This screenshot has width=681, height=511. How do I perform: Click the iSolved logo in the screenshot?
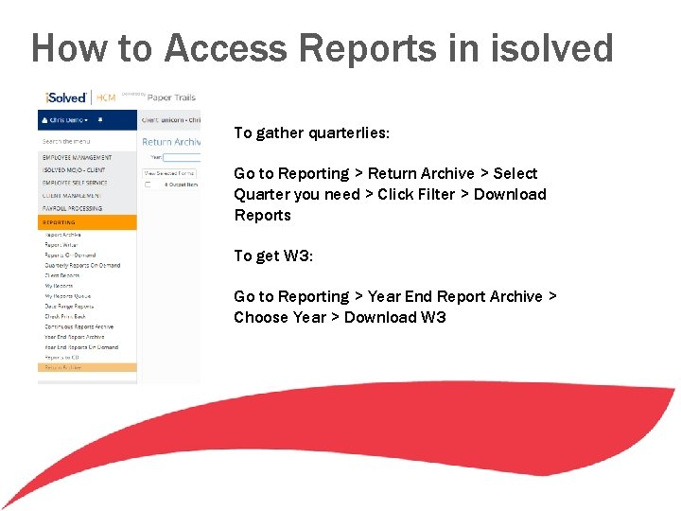[x=66, y=97]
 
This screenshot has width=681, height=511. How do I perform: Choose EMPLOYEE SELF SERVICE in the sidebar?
[x=76, y=183]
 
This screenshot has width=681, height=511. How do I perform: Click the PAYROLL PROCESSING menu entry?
[x=72, y=208]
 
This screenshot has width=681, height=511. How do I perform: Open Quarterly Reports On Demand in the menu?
[x=82, y=265]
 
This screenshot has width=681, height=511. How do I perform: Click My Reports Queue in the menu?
[x=68, y=296]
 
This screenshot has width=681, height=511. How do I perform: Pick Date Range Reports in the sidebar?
[x=70, y=307]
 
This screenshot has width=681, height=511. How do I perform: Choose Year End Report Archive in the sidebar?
[x=75, y=337]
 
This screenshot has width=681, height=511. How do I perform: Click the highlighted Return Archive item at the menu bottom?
[x=63, y=367]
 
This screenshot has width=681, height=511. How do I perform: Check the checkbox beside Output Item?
[x=148, y=185]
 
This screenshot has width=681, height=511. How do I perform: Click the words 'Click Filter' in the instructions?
[x=416, y=194]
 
